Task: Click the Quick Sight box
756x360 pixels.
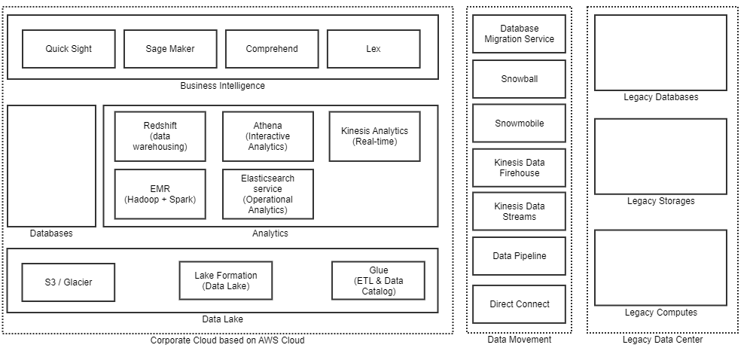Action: pos(69,49)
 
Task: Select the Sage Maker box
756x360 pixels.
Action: pos(170,49)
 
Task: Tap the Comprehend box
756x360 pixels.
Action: pos(272,49)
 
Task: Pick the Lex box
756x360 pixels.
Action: pos(373,49)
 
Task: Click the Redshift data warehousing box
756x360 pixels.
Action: pos(160,136)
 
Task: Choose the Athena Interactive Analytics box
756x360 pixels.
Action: pos(267,136)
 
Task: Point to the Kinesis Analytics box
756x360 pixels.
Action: pos(374,136)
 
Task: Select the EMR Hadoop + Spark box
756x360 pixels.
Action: pos(160,194)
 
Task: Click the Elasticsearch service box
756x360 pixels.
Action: pos(267,194)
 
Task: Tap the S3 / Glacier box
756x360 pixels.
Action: pos(69,282)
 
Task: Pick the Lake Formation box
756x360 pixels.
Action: pos(226,281)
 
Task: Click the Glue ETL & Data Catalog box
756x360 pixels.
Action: pos(378,281)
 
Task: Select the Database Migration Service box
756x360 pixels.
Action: pos(519,34)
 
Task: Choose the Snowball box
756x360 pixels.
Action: pos(519,79)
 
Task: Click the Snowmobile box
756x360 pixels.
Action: pos(519,124)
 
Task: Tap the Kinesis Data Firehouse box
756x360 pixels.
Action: pos(519,168)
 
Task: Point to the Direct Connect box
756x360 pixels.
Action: pos(519,304)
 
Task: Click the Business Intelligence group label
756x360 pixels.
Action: pos(222,86)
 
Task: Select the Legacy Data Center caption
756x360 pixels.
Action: pos(663,340)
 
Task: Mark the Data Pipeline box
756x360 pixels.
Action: pos(519,256)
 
